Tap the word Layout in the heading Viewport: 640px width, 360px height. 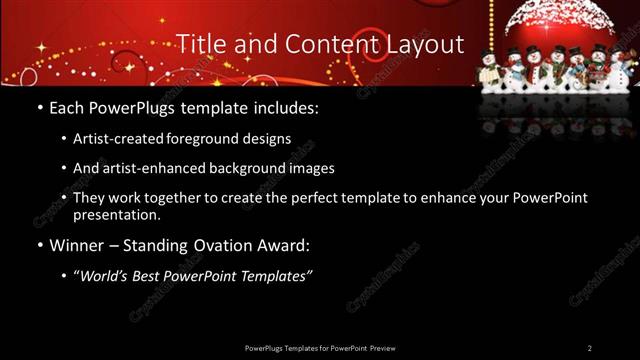pos(423,45)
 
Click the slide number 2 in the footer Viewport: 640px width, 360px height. pos(590,347)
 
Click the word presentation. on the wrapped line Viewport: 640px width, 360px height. pos(117,215)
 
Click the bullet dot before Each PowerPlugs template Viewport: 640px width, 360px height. pos(39,107)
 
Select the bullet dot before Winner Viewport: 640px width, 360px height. pos(39,245)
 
